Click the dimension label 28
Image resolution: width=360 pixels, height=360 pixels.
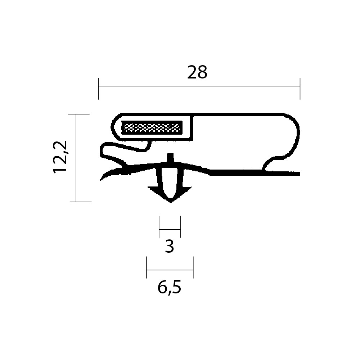197,72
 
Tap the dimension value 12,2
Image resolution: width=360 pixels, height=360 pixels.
60,157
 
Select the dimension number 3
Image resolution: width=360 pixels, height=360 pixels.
170,246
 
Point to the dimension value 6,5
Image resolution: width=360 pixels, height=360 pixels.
170,287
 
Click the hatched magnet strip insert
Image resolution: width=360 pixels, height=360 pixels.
152,128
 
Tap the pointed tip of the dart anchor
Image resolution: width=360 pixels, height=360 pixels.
170,202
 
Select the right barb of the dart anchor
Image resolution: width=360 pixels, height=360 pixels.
186,190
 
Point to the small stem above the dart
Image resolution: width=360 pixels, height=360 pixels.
170,158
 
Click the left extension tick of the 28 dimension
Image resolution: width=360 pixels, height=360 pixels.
99,89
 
